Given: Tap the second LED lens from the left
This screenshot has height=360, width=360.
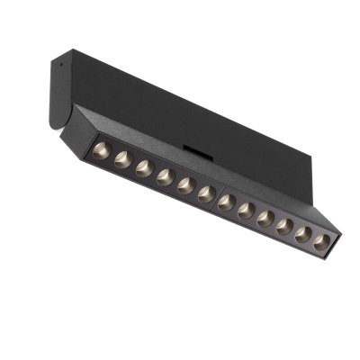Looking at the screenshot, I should tap(123, 157).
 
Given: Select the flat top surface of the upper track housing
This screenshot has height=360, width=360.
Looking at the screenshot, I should tap(180, 90).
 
